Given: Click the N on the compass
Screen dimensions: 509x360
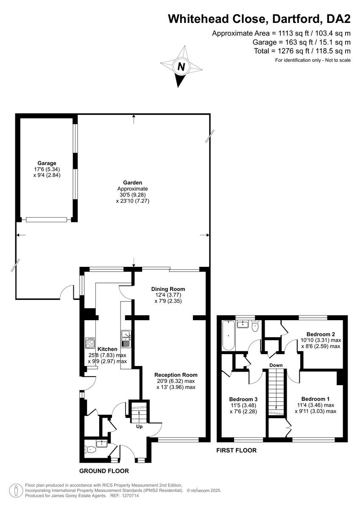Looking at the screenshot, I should tap(181, 67).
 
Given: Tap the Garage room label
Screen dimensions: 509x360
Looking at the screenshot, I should tap(47, 163).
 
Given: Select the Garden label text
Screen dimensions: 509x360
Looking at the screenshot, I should tap(133, 183).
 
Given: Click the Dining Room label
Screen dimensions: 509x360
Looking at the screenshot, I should tap(168, 289).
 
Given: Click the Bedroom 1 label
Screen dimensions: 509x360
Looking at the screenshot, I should tap(315, 399).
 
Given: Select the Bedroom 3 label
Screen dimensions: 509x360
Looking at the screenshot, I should tap(243, 399).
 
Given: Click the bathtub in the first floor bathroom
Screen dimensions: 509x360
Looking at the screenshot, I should tap(228, 335).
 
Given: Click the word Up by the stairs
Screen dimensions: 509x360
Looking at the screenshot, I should tap(139, 427).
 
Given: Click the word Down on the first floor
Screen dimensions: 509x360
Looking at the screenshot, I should tap(276, 365).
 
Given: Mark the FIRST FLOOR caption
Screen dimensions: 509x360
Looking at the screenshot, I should tap(237, 450).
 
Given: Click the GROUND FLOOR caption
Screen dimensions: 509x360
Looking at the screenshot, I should tap(104, 471).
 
